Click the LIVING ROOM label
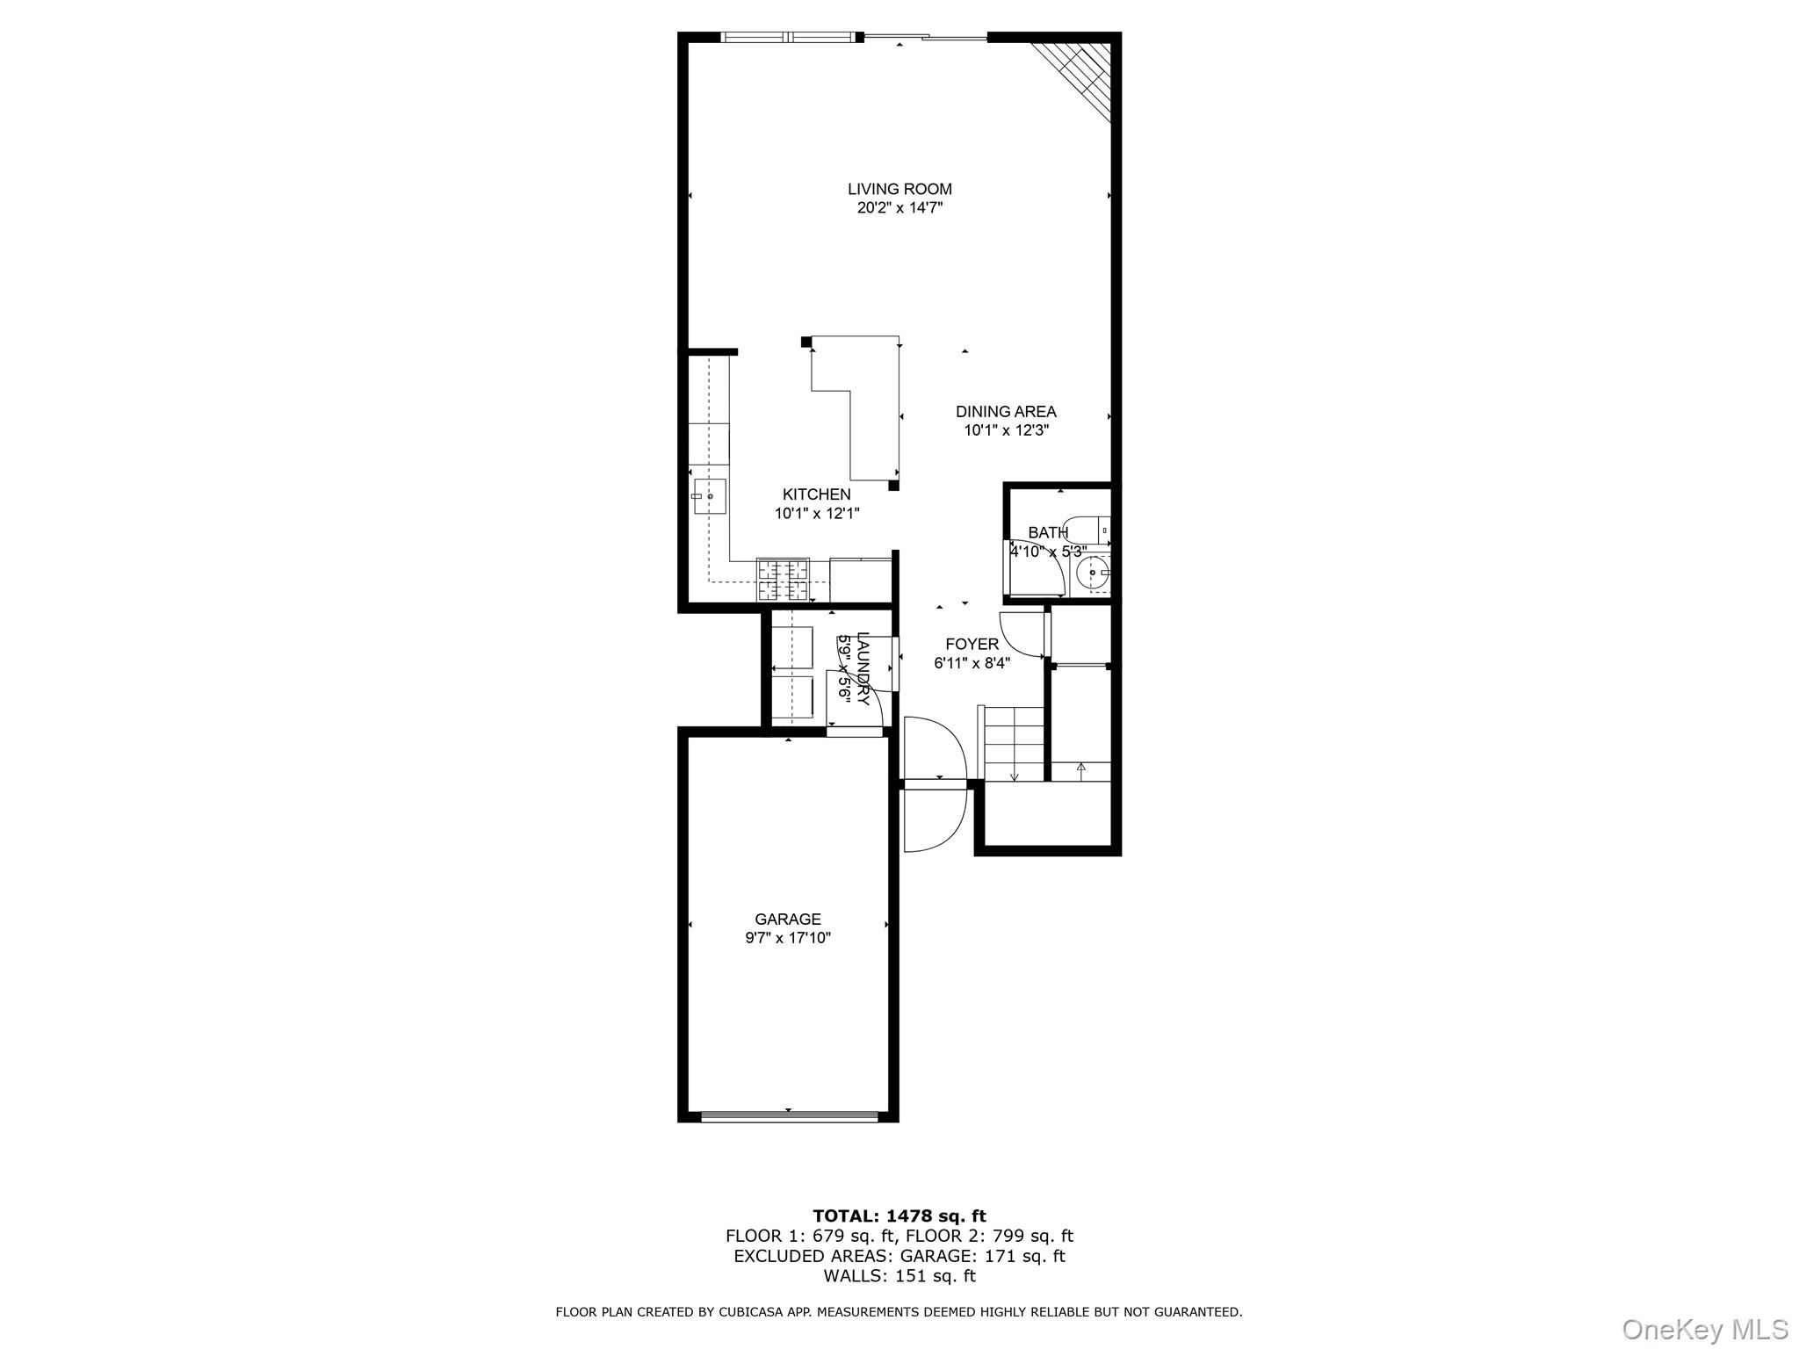(x=899, y=189)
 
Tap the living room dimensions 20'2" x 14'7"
(x=899, y=208)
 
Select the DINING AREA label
(x=1006, y=411)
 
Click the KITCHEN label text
(x=816, y=494)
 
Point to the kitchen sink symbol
(x=708, y=496)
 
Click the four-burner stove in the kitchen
(x=782, y=580)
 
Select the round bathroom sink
(x=1092, y=575)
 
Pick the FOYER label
(x=972, y=644)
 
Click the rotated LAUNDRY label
(x=863, y=668)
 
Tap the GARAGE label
(x=788, y=919)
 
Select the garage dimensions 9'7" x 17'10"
(x=788, y=938)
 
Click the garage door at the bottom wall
(x=789, y=1117)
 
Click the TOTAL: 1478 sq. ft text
(x=899, y=1216)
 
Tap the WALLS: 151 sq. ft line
(x=899, y=1276)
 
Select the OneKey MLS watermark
(x=1704, y=1329)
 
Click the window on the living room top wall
(x=787, y=37)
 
